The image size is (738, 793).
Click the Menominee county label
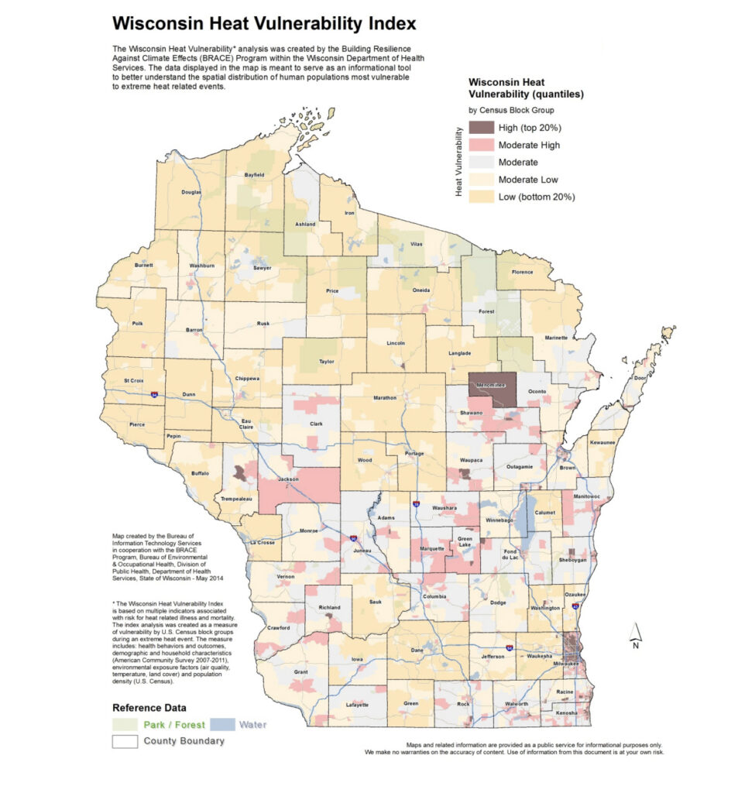[x=490, y=385]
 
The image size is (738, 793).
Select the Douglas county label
[x=191, y=192]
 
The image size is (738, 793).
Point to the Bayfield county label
[x=254, y=175]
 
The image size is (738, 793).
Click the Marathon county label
[x=385, y=398]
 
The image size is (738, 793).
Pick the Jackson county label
[x=289, y=480]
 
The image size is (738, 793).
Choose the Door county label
[x=639, y=378]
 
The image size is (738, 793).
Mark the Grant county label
[x=300, y=671]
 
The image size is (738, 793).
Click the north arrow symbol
[x=635, y=633]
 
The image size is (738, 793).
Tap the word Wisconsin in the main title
[x=158, y=23]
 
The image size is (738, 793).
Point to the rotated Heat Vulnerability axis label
[x=459, y=163]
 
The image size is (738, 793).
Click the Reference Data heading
[x=149, y=708]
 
